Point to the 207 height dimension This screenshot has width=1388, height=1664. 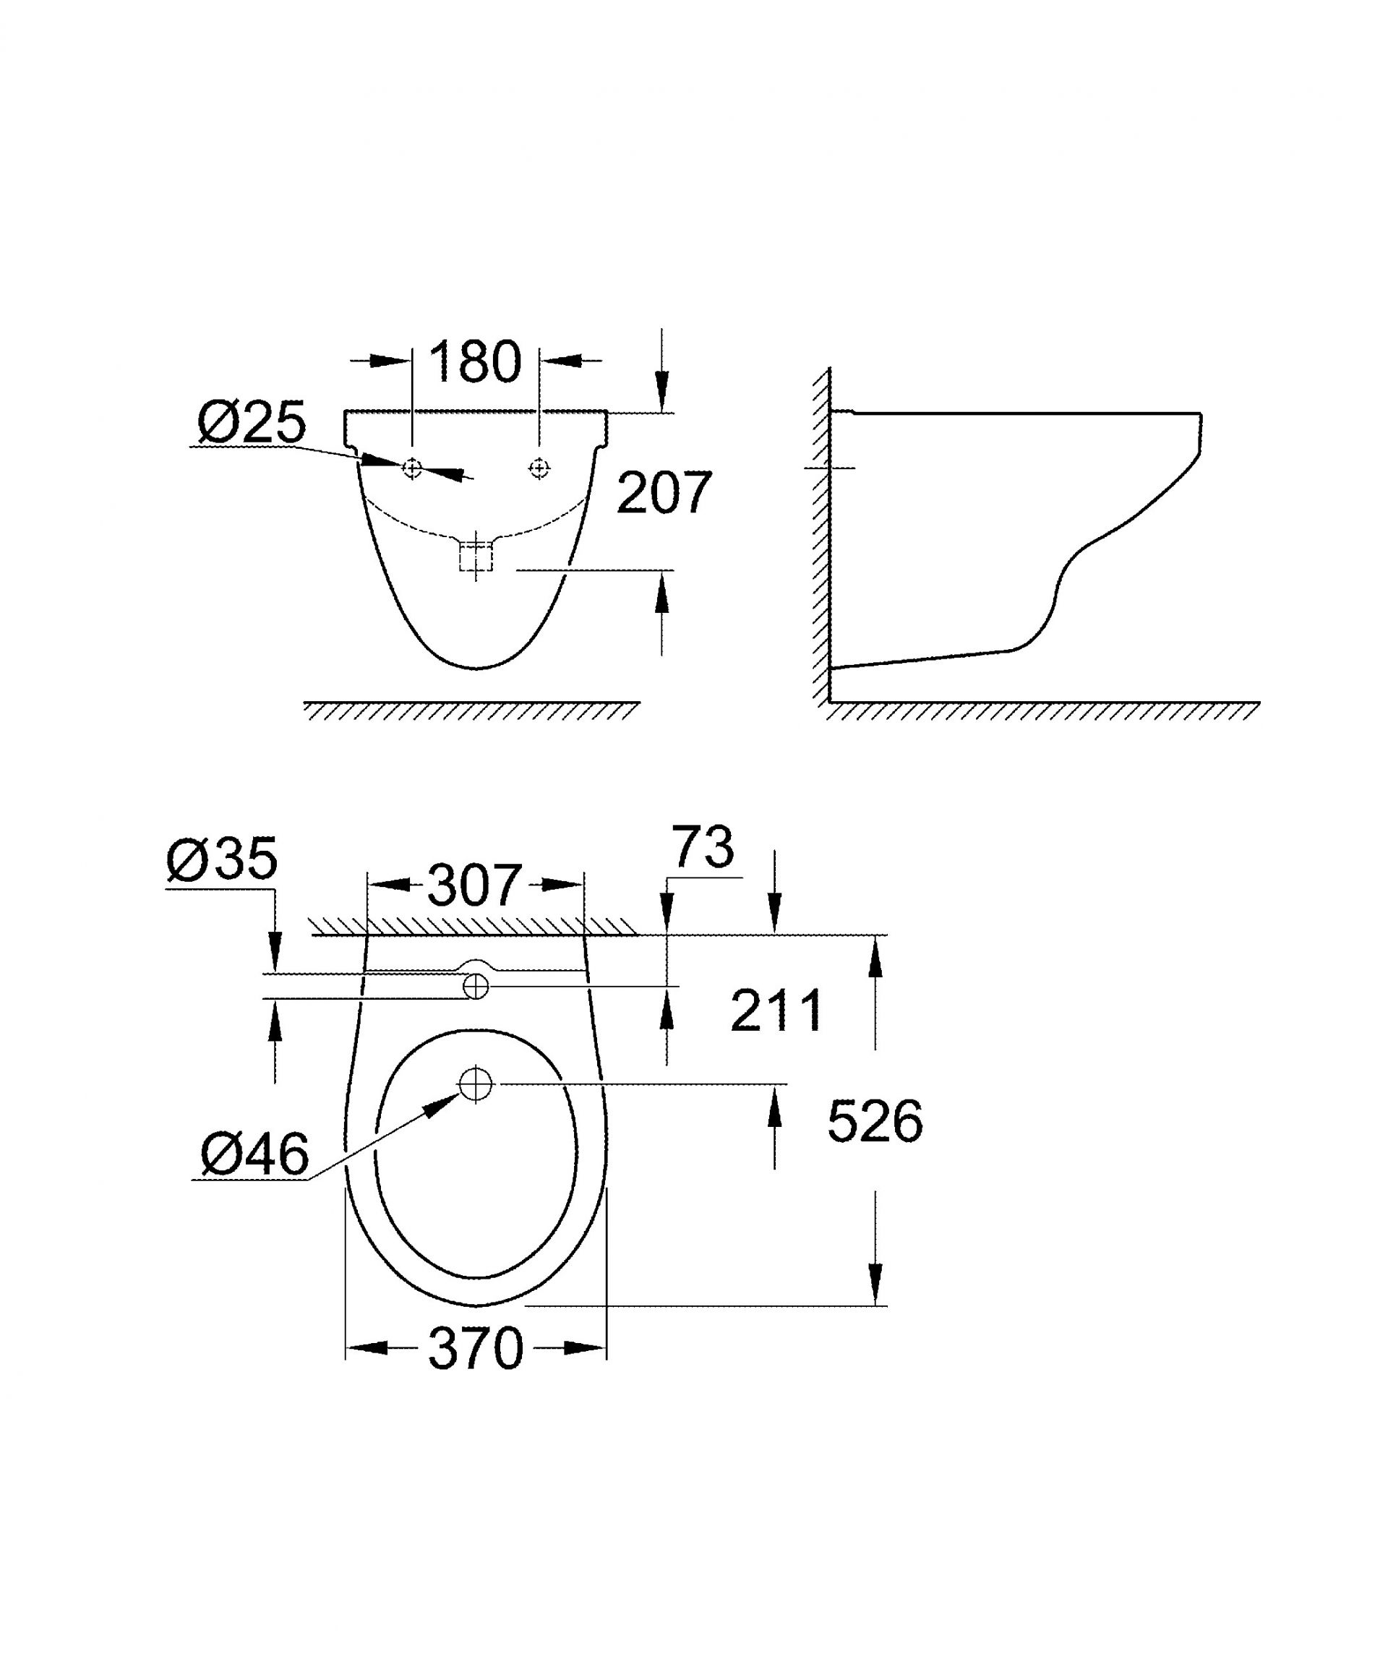tap(664, 493)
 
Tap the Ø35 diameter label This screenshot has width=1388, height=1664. tap(223, 858)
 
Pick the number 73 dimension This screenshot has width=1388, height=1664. tap(703, 846)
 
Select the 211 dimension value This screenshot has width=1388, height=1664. tap(776, 1011)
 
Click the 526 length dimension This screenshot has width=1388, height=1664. tap(875, 1121)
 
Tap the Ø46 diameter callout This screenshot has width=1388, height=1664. tap(254, 1154)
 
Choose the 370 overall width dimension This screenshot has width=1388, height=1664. tap(476, 1348)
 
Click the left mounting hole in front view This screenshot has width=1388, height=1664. tap(412, 468)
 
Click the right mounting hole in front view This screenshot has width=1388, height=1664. tap(539, 468)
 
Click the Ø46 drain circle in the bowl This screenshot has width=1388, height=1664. tap(476, 1083)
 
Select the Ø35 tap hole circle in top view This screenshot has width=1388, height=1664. tap(476, 987)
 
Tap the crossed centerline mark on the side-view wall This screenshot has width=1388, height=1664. tap(829, 468)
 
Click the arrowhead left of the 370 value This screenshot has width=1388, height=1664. tap(369, 1348)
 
